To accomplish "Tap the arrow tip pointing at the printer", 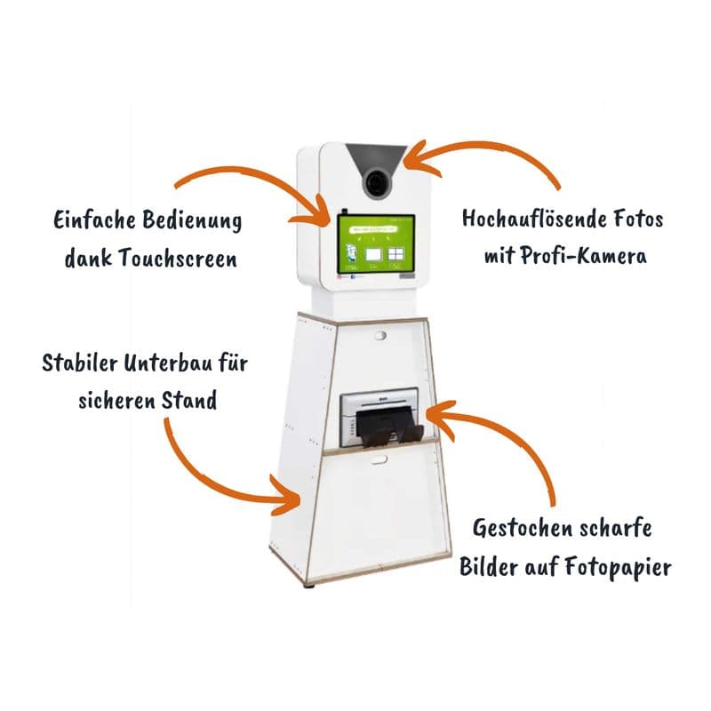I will (431, 413).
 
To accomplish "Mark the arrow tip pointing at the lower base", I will (298, 503).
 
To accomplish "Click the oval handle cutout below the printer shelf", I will (379, 459).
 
